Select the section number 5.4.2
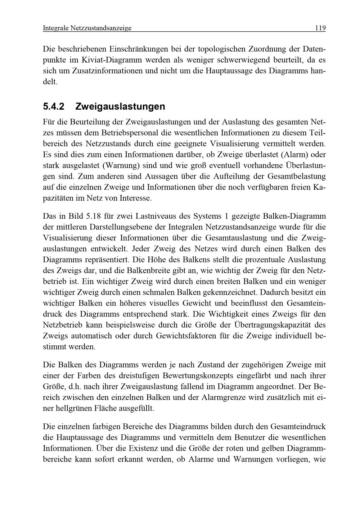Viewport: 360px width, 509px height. coord(54,107)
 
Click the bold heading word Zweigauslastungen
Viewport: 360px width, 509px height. coord(120,107)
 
